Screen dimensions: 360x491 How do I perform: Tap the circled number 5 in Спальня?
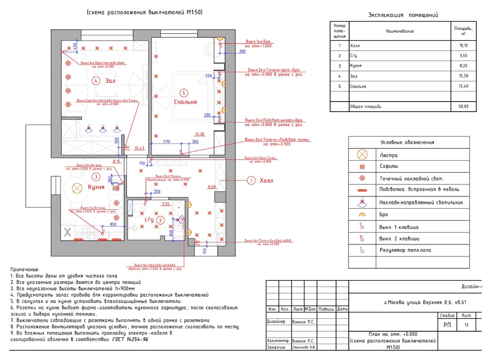tap(184, 92)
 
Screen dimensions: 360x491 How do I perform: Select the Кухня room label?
tap(96, 187)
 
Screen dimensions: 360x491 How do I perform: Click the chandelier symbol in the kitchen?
tap(77, 187)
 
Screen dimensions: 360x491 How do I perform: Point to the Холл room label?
tap(266, 180)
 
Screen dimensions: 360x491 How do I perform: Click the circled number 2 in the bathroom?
tap(160, 220)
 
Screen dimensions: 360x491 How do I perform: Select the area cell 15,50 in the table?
tap(463, 76)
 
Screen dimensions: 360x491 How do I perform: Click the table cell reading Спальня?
tap(358, 86)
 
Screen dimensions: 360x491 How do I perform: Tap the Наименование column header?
tap(399, 31)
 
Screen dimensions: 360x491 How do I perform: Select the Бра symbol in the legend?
tap(363, 215)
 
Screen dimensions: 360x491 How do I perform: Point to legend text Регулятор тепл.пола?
tap(405, 250)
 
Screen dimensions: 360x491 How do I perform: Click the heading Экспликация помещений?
tap(403, 15)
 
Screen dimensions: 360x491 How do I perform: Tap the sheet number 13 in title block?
tap(466, 325)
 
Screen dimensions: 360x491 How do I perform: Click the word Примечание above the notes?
tap(24, 269)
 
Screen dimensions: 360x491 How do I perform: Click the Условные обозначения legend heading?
tap(407, 142)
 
